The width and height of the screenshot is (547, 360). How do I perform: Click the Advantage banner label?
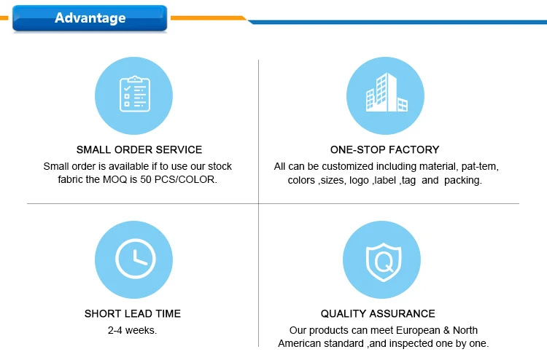(x=90, y=17)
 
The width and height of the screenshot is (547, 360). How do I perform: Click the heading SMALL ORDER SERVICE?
(x=139, y=149)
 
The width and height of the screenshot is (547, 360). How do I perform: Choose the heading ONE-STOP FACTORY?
(x=384, y=149)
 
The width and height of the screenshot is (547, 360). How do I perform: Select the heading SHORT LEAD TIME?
(x=133, y=314)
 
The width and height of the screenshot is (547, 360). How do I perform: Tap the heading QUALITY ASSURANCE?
(x=378, y=314)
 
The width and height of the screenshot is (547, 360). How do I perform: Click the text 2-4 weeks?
(x=132, y=330)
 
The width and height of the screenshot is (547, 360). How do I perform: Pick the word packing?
(x=462, y=180)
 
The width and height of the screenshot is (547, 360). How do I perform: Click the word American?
(x=301, y=343)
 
